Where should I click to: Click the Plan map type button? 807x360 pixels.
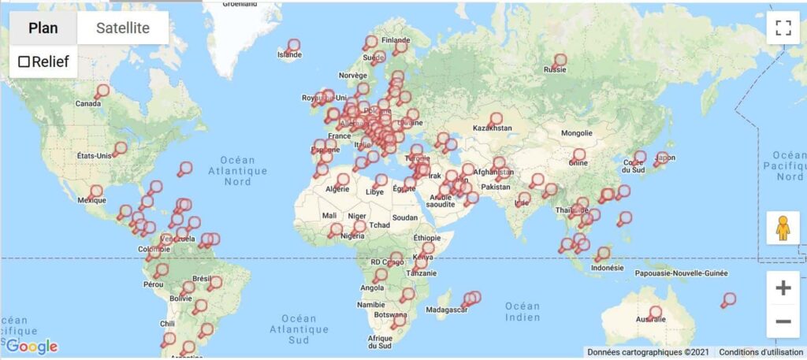coord(43,28)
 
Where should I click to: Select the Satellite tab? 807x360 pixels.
coord(123,28)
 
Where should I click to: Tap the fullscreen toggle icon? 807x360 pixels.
coord(783,28)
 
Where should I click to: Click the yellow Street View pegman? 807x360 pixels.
coord(783,228)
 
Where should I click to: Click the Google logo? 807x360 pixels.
coord(32,346)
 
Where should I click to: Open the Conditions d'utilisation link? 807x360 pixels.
coord(760,352)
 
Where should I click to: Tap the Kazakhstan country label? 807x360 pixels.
coord(493,128)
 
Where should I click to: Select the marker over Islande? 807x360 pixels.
coord(294,46)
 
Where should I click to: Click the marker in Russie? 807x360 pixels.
coord(560,60)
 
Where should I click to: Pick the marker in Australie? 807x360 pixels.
coord(656,313)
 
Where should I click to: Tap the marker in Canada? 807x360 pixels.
coord(102,91)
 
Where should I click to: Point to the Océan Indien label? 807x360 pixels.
coord(523,312)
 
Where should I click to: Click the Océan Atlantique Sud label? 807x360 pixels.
coord(298,329)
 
